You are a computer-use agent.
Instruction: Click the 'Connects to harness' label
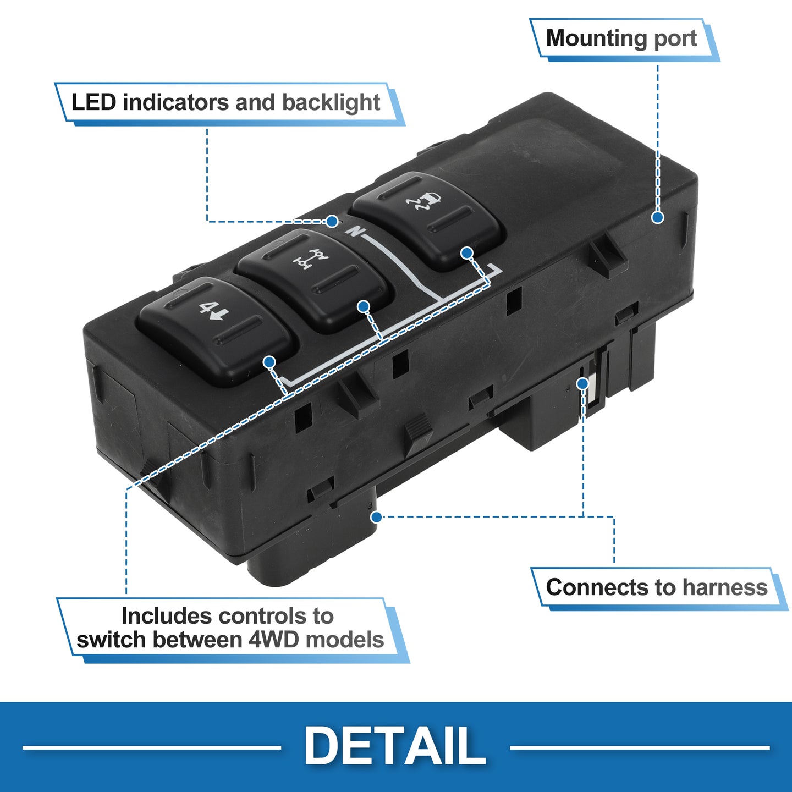656,587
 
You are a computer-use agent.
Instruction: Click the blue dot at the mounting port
658,217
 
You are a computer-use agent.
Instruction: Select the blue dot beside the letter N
332,222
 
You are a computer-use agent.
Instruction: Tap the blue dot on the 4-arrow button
269,362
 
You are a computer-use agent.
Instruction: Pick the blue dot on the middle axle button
364,306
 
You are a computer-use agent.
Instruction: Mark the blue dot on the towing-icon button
466,253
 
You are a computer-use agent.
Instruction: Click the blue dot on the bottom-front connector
376,516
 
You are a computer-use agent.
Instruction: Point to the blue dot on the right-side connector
582,384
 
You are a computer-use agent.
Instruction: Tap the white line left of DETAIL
152,747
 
